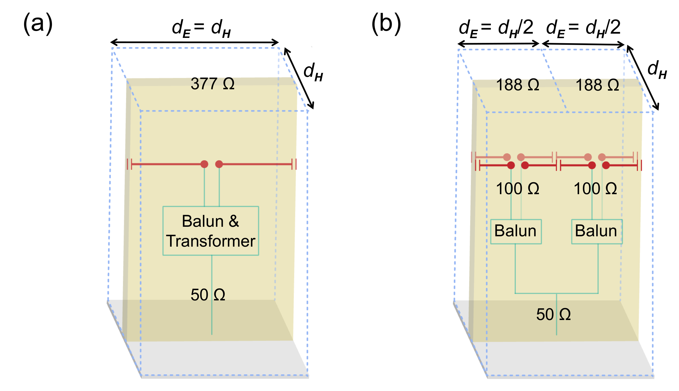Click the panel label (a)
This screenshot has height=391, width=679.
pyautogui.click(x=38, y=24)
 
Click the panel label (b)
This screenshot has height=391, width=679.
pyautogui.click(x=386, y=24)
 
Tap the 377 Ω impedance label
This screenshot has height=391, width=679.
pyautogui.click(x=212, y=83)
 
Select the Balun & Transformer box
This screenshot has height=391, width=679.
pyautogui.click(x=211, y=231)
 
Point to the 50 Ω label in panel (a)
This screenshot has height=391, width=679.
pyautogui.click(x=208, y=295)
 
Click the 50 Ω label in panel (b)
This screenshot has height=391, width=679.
pyautogui.click(x=554, y=314)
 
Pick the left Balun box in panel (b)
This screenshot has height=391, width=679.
pyautogui.click(x=516, y=232)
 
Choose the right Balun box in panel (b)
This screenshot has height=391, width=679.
pyautogui.click(x=597, y=232)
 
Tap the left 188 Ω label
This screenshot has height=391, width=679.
pyautogui.click(x=517, y=85)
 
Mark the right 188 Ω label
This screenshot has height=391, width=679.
pyautogui.click(x=597, y=85)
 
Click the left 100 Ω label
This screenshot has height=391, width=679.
pyautogui.click(x=517, y=189)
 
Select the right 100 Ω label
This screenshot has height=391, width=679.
pyautogui.click(x=595, y=189)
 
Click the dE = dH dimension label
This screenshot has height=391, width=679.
pyautogui.click(x=201, y=28)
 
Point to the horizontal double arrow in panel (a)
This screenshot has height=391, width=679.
pyautogui.click(x=195, y=42)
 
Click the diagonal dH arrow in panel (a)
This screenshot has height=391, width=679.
pyautogui.click(x=299, y=78)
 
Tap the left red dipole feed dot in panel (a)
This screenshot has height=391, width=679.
pyautogui.click(x=204, y=164)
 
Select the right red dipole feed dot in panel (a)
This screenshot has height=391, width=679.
pyautogui.click(x=219, y=164)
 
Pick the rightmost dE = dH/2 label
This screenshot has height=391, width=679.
pyautogui.click(x=583, y=28)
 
